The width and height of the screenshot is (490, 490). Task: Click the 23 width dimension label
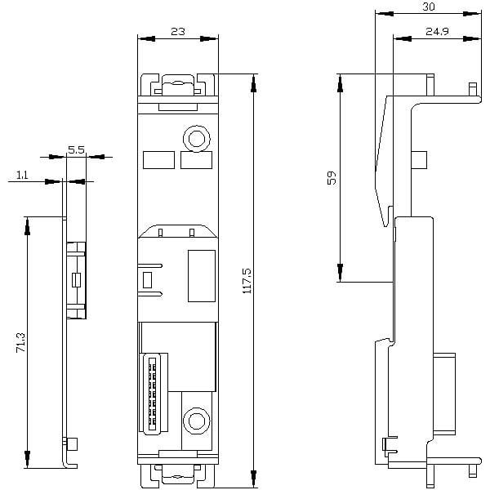[x=178, y=32]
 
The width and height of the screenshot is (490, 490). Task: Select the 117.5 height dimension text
[x=247, y=281]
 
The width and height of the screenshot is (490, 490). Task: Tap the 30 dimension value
[x=429, y=7]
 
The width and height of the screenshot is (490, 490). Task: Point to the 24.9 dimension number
[x=437, y=31]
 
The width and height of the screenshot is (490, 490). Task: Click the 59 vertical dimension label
[x=332, y=177]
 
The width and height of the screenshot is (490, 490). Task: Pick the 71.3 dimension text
[x=20, y=343]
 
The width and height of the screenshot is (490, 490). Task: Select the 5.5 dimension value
[x=76, y=150]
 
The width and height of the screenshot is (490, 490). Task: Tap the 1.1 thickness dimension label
[x=22, y=175]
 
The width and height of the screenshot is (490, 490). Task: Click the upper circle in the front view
[x=196, y=139]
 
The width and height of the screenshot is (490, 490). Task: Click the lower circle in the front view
[x=196, y=421]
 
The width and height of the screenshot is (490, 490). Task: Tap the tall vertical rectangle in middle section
[x=202, y=276]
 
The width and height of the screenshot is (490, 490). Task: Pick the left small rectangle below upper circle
[x=158, y=160]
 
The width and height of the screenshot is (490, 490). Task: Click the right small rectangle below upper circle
[x=196, y=160]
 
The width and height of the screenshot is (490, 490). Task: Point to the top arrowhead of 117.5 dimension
[x=254, y=83]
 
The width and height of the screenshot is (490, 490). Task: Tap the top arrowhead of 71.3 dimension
[x=27, y=226]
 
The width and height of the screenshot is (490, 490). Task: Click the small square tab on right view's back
[x=419, y=160]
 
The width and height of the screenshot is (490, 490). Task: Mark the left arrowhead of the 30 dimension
[x=384, y=14]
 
